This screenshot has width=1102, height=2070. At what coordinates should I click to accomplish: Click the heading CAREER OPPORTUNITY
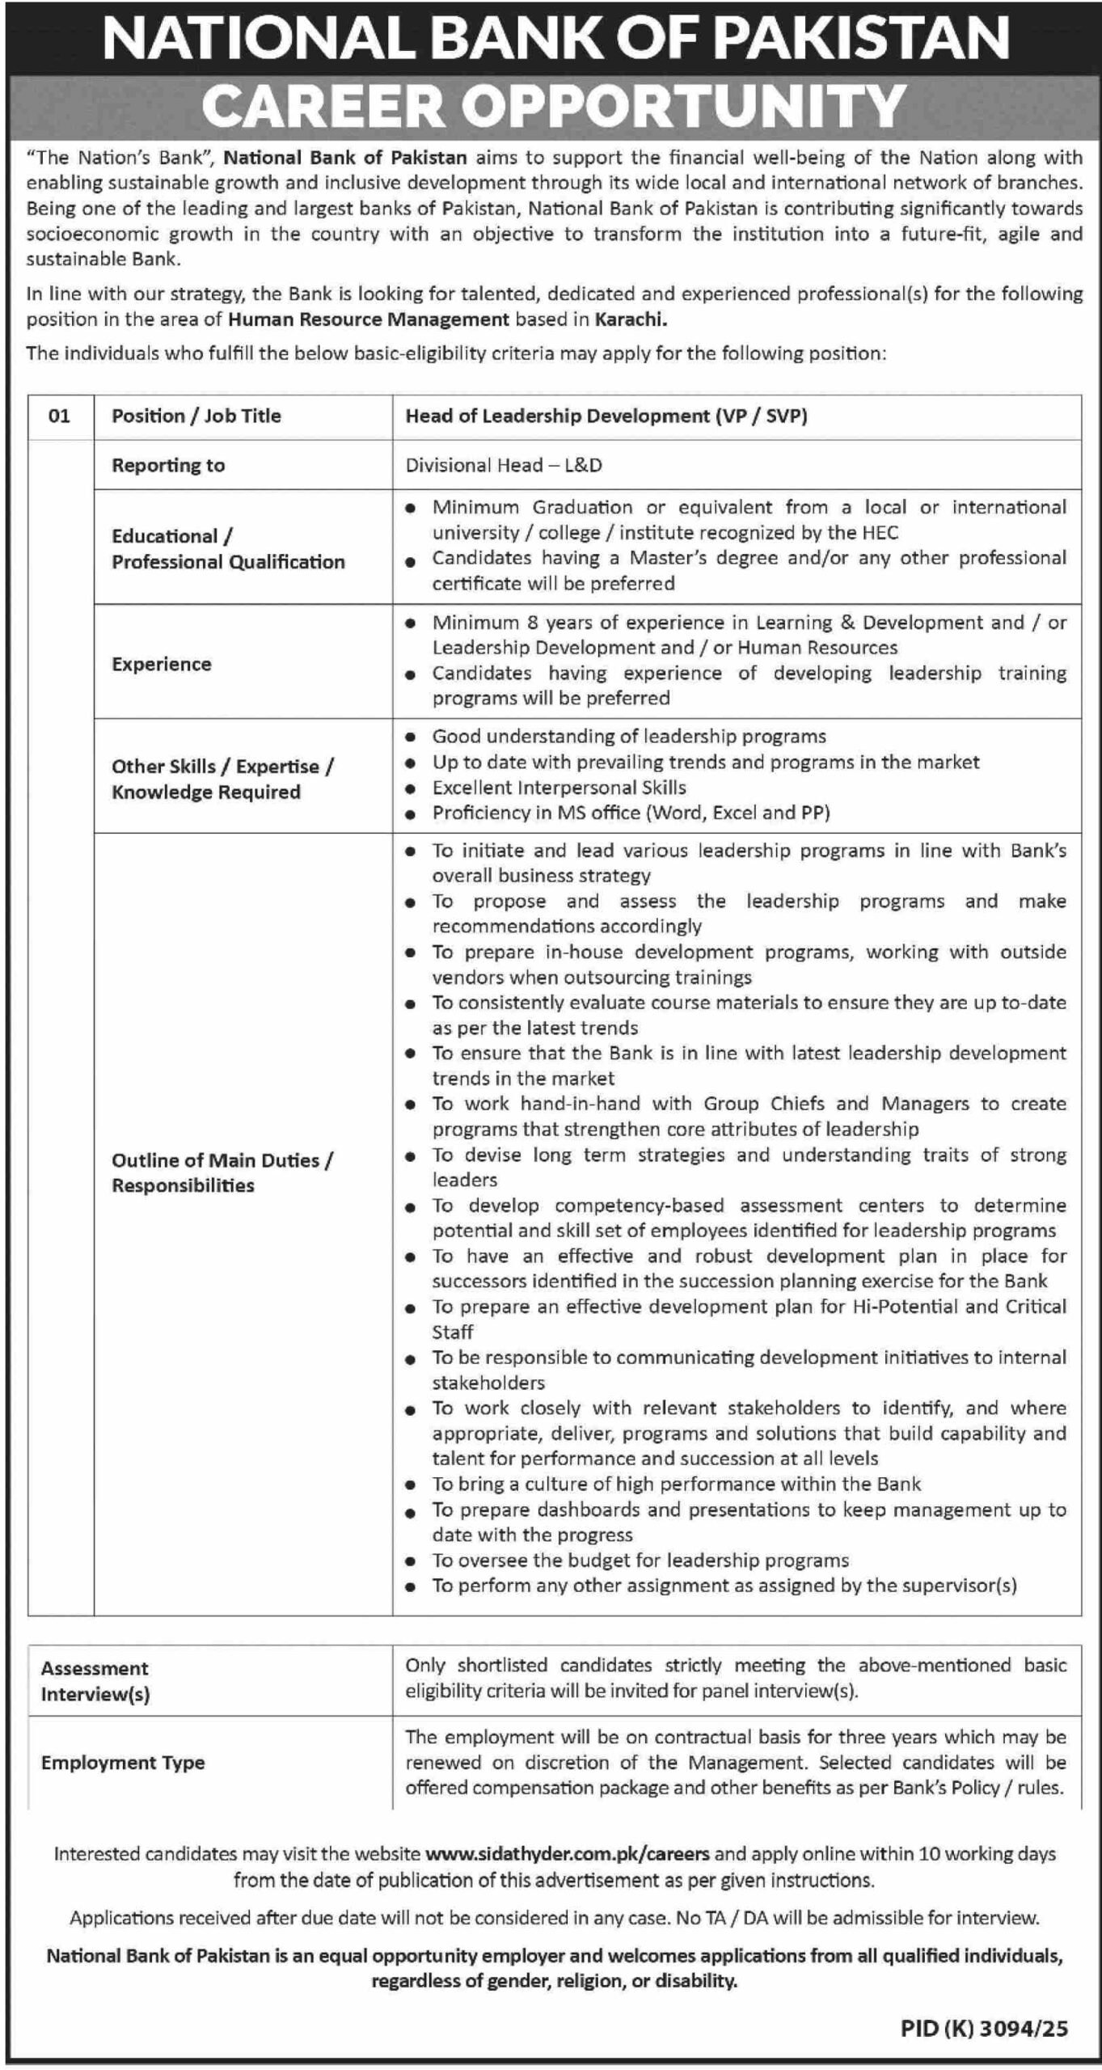553,106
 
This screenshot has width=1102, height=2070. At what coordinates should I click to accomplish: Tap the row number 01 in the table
59,416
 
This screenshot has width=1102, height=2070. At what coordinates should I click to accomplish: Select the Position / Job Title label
196,416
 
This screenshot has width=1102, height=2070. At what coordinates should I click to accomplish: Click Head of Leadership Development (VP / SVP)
606,416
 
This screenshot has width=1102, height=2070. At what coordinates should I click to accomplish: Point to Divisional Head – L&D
504,465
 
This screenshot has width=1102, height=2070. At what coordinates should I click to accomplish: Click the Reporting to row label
168,465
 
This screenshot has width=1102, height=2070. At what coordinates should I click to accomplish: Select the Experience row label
162,664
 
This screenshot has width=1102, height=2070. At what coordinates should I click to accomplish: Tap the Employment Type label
123,1763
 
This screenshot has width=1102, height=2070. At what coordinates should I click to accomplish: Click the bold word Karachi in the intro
631,319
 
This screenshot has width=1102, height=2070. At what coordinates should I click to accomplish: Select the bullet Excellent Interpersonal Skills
559,788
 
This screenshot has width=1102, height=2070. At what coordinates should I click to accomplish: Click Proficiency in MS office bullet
631,813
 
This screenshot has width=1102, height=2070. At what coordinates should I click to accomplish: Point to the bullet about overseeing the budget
640,1560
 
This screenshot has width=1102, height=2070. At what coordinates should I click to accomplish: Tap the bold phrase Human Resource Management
369,319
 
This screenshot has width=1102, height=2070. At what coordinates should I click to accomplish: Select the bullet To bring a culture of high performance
676,1484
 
